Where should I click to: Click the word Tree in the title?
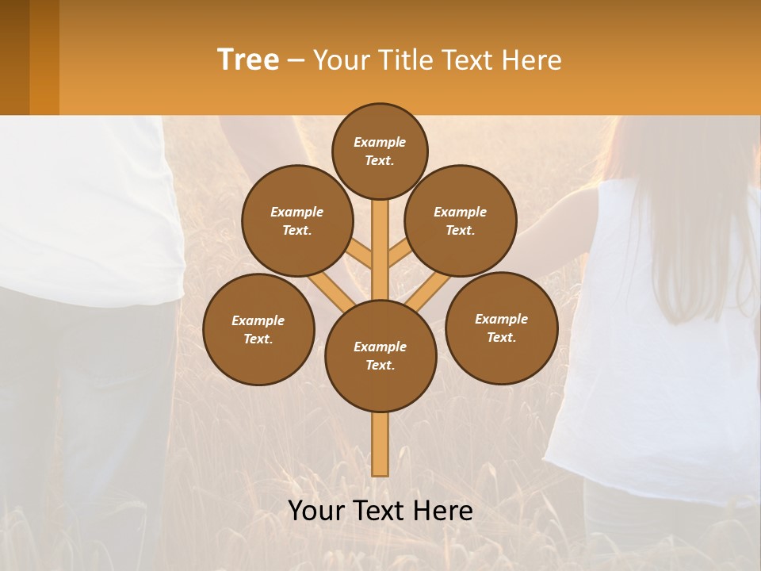coord(248,59)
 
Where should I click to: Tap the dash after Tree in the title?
coord(296,61)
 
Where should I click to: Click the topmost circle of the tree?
coord(380,151)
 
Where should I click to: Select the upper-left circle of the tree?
coord(297,220)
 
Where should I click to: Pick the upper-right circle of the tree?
coord(461,220)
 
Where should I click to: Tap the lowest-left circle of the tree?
coord(258,329)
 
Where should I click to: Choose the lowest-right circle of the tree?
coord(501,328)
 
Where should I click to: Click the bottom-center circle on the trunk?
coord(380,355)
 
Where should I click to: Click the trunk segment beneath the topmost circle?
coord(380,238)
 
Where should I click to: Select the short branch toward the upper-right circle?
coord(399,255)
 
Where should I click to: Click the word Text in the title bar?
coord(466,59)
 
